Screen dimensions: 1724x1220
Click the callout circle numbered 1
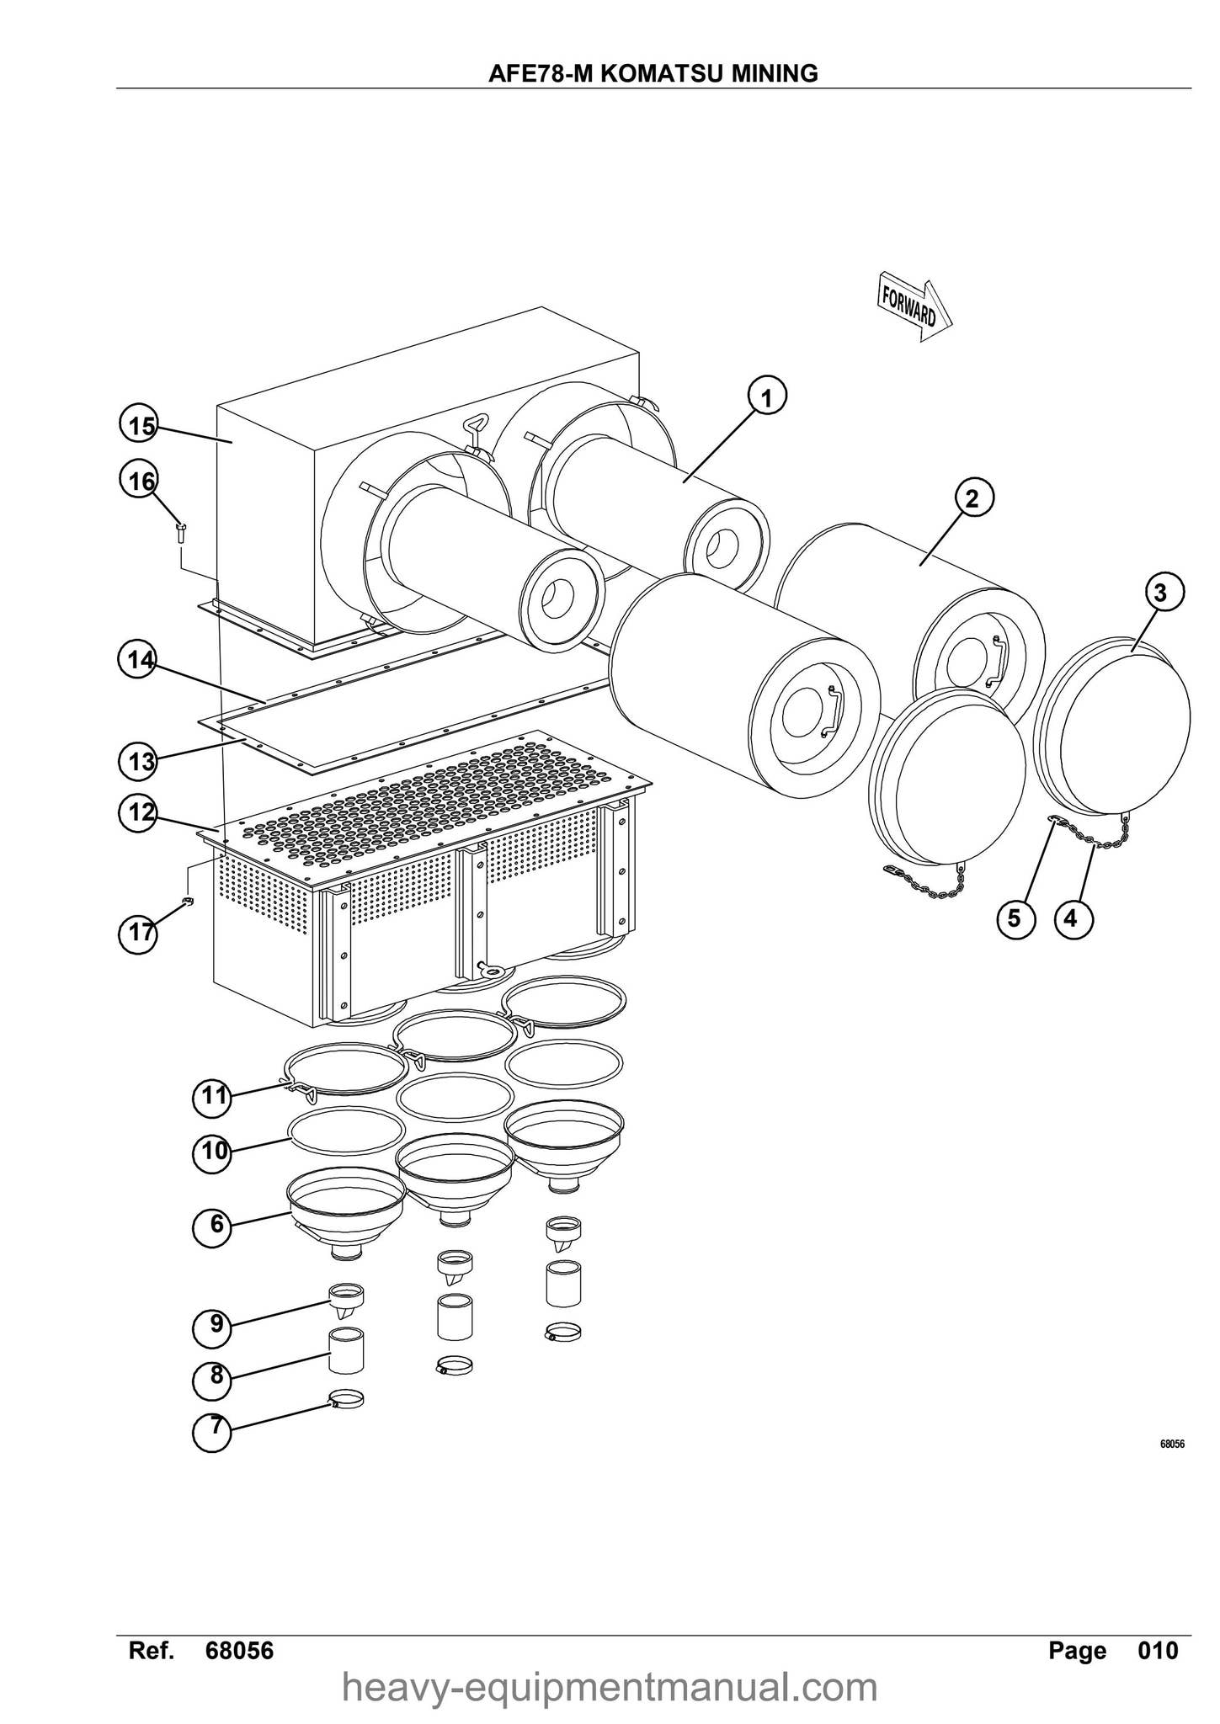point(765,396)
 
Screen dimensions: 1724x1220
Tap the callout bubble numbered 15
point(139,426)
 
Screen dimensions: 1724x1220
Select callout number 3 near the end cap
point(1161,593)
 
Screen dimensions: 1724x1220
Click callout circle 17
point(139,933)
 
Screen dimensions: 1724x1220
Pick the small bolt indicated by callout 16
point(181,529)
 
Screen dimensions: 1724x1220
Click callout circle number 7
point(215,1427)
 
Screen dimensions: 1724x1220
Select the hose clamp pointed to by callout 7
point(346,1401)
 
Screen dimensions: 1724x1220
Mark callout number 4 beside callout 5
point(1070,918)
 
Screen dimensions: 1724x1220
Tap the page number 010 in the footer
point(1158,1651)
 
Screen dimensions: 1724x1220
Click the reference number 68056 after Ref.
point(239,1651)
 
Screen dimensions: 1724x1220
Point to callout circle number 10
point(213,1150)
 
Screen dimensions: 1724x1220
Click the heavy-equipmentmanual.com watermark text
point(610,1688)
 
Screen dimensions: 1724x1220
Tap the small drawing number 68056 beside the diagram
point(1172,1445)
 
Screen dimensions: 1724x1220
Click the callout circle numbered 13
point(139,762)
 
